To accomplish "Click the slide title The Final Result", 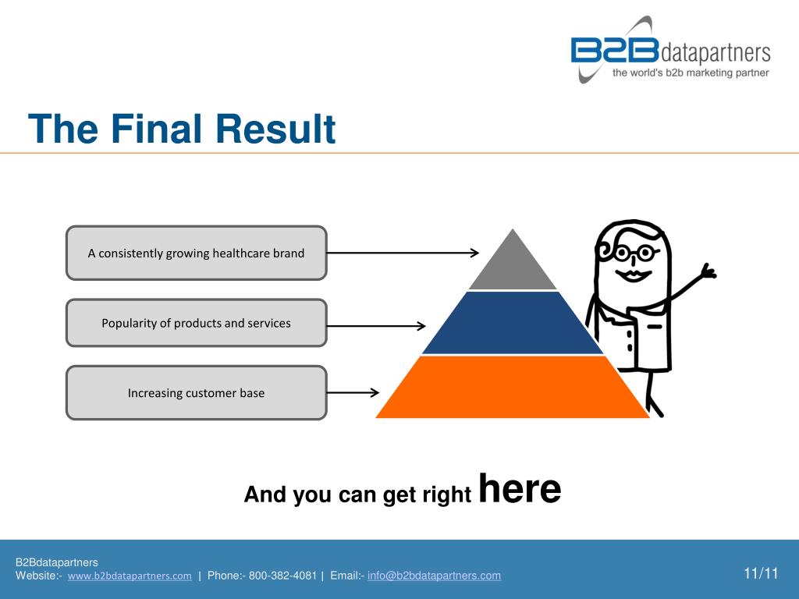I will click(x=182, y=129).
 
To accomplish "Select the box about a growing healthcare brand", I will click(x=196, y=253).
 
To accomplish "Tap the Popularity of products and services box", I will click(x=196, y=323).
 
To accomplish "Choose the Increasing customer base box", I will click(x=196, y=393).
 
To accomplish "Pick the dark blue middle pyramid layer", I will click(x=513, y=324).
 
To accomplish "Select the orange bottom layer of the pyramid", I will click(x=513, y=388).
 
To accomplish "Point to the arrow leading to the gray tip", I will click(x=402, y=253).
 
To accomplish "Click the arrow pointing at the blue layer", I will click(x=376, y=325).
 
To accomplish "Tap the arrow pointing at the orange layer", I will click(x=353, y=393).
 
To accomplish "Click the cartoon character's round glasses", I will click(x=633, y=253).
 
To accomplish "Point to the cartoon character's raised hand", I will click(x=707, y=272).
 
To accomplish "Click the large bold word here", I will click(x=519, y=489).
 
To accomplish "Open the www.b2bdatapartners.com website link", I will click(x=130, y=576).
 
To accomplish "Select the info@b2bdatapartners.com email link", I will click(x=434, y=576).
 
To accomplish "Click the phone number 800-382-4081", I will click(x=282, y=576).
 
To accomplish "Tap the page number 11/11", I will click(x=761, y=574).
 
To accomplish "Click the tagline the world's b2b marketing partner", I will click(x=691, y=73).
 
